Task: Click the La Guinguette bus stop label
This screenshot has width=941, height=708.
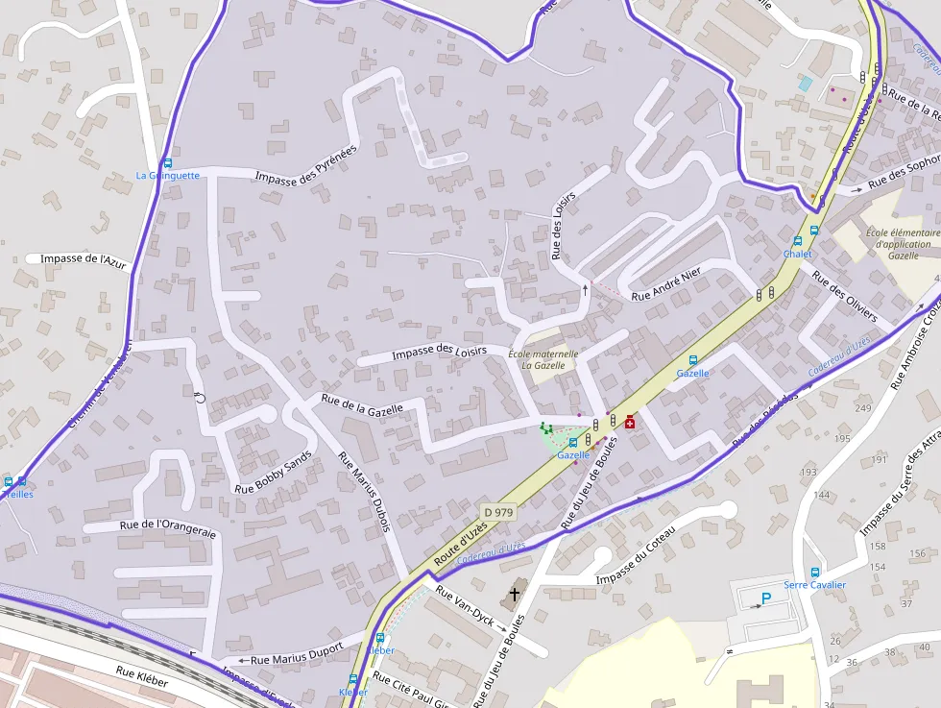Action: coord(167,176)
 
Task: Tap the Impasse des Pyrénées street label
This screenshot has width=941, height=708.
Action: coord(306,164)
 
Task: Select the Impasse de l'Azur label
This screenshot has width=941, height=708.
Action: coord(84,259)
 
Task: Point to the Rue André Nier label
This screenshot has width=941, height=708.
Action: coord(666,283)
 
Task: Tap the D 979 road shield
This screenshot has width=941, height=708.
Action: coord(499,513)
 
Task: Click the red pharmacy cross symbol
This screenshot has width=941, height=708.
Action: coord(630,422)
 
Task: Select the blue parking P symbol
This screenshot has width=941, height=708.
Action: coord(765,599)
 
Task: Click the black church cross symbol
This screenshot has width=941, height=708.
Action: coord(514,595)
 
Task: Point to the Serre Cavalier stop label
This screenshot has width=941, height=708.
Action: coord(814,585)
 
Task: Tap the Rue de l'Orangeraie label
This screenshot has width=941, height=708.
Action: coord(168,525)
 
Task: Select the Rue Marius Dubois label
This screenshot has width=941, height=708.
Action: coord(369,493)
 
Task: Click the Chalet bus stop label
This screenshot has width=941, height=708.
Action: coord(797,255)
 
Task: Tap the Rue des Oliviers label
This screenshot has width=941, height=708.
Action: coord(845,296)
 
